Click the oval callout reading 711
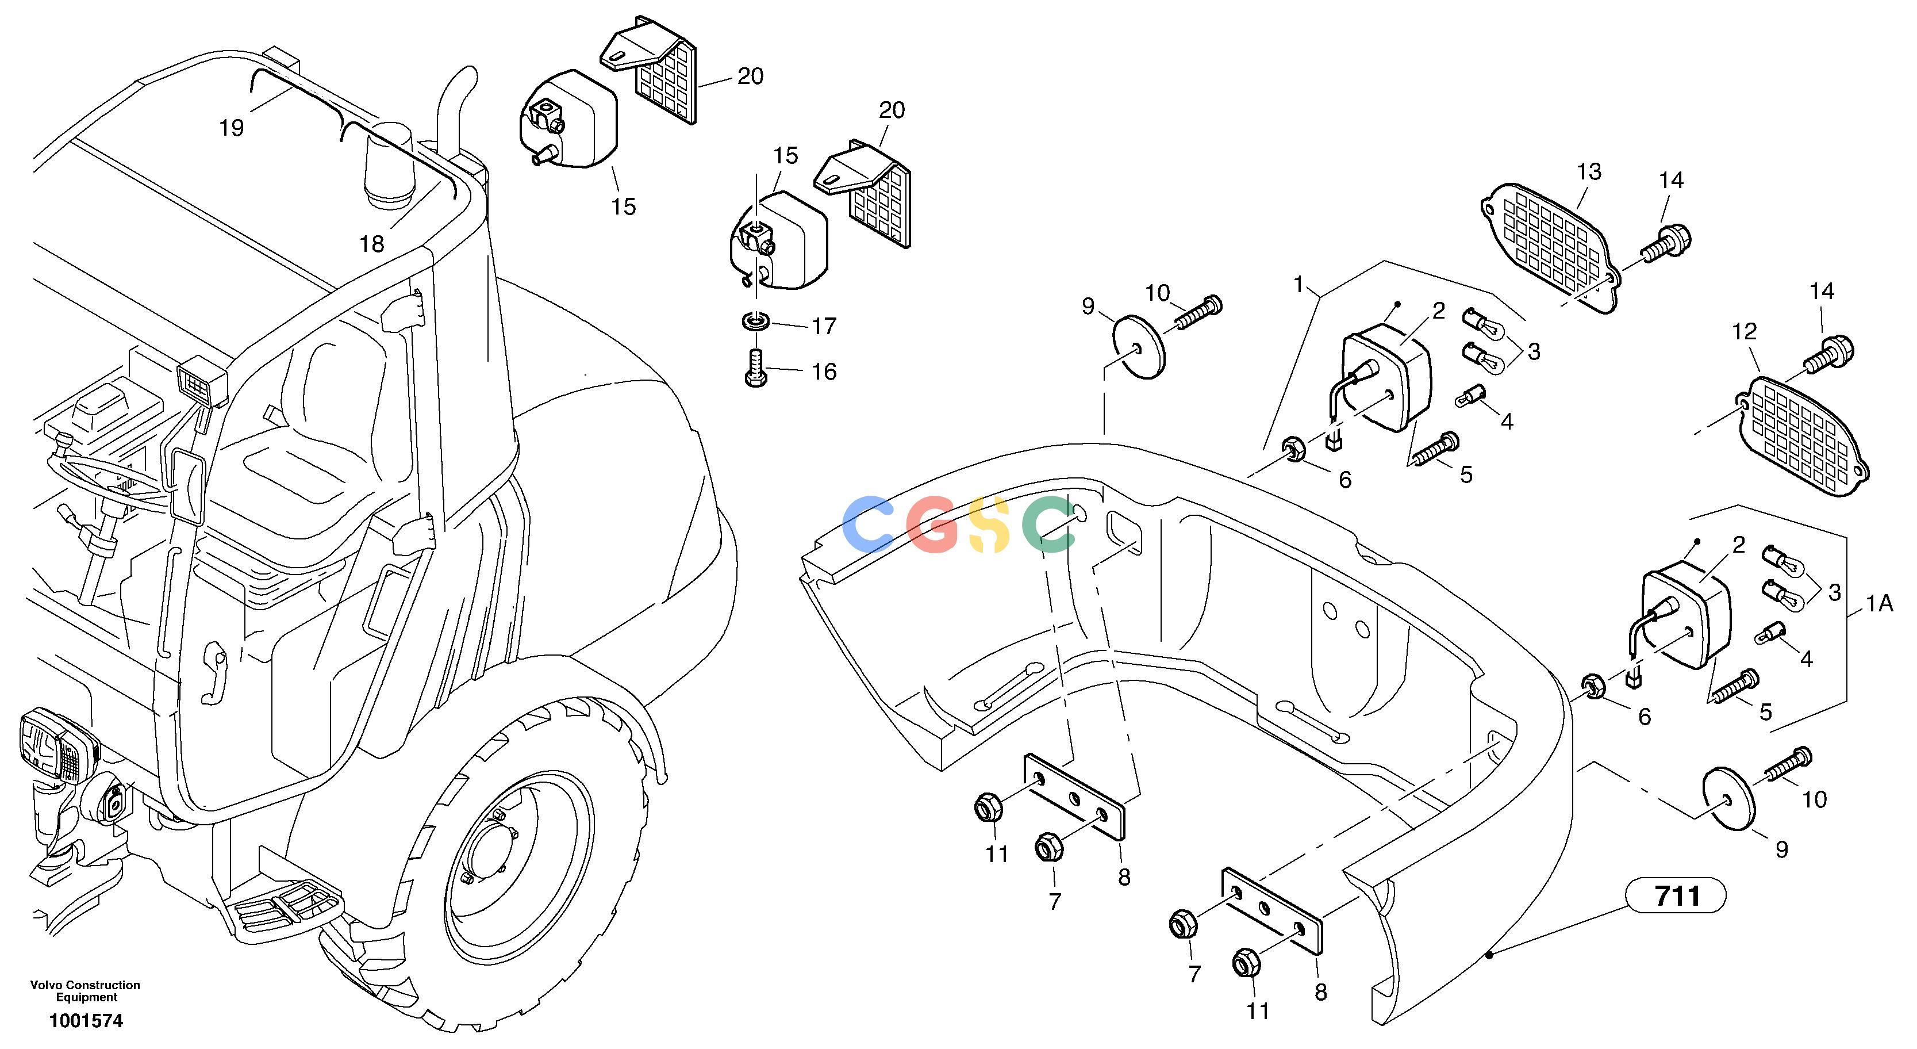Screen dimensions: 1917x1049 click(1676, 895)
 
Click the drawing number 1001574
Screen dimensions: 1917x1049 click(86, 1021)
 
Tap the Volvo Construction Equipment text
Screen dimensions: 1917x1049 click(86, 991)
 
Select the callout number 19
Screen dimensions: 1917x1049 click(232, 129)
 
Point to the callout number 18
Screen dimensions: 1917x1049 click(372, 243)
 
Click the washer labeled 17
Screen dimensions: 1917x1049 click(756, 323)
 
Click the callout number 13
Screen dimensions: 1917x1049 click(1589, 172)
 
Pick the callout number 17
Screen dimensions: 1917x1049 click(824, 326)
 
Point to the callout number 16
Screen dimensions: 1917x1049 click(824, 372)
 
